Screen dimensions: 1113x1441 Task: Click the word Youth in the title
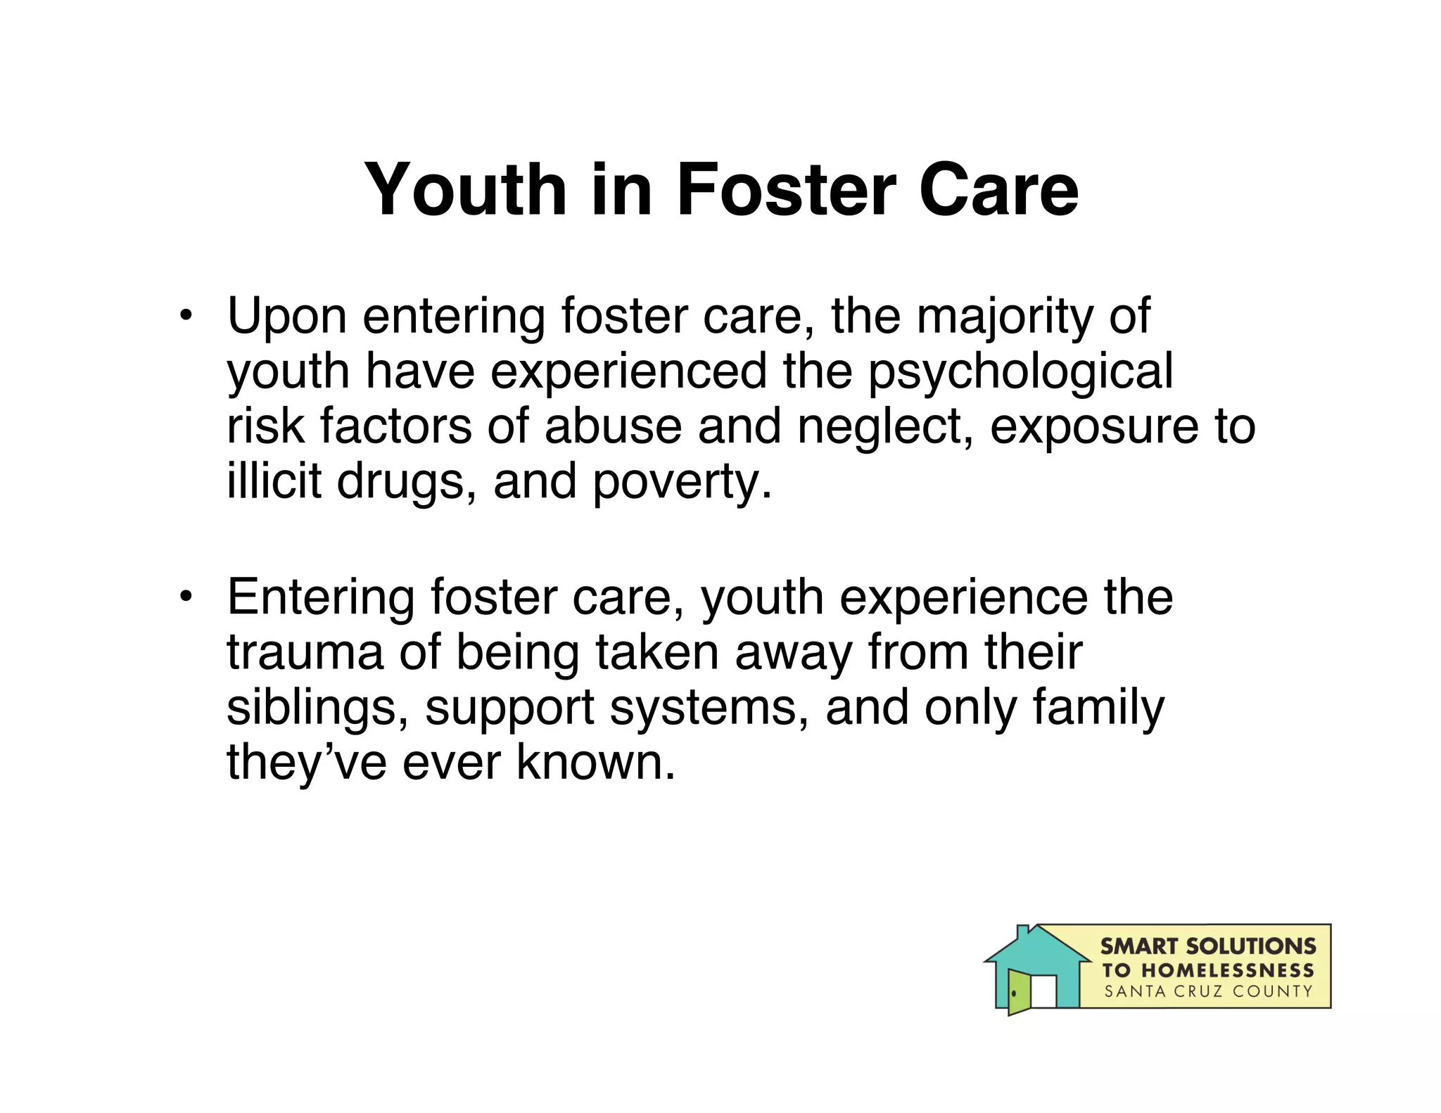tap(465, 190)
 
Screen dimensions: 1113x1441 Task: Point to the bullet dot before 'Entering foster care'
tap(185, 597)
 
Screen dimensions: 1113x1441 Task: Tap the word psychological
tap(1020, 373)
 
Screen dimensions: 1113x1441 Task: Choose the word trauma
tap(305, 652)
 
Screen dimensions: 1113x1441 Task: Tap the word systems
tap(709, 709)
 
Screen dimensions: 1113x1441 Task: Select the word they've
tap(306, 763)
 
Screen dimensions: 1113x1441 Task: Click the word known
tap(595, 763)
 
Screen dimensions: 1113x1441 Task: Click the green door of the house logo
tap(1019, 991)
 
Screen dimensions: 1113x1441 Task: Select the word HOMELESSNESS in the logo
tap(1228, 971)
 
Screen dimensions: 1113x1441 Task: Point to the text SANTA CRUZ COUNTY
tap(1208, 992)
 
